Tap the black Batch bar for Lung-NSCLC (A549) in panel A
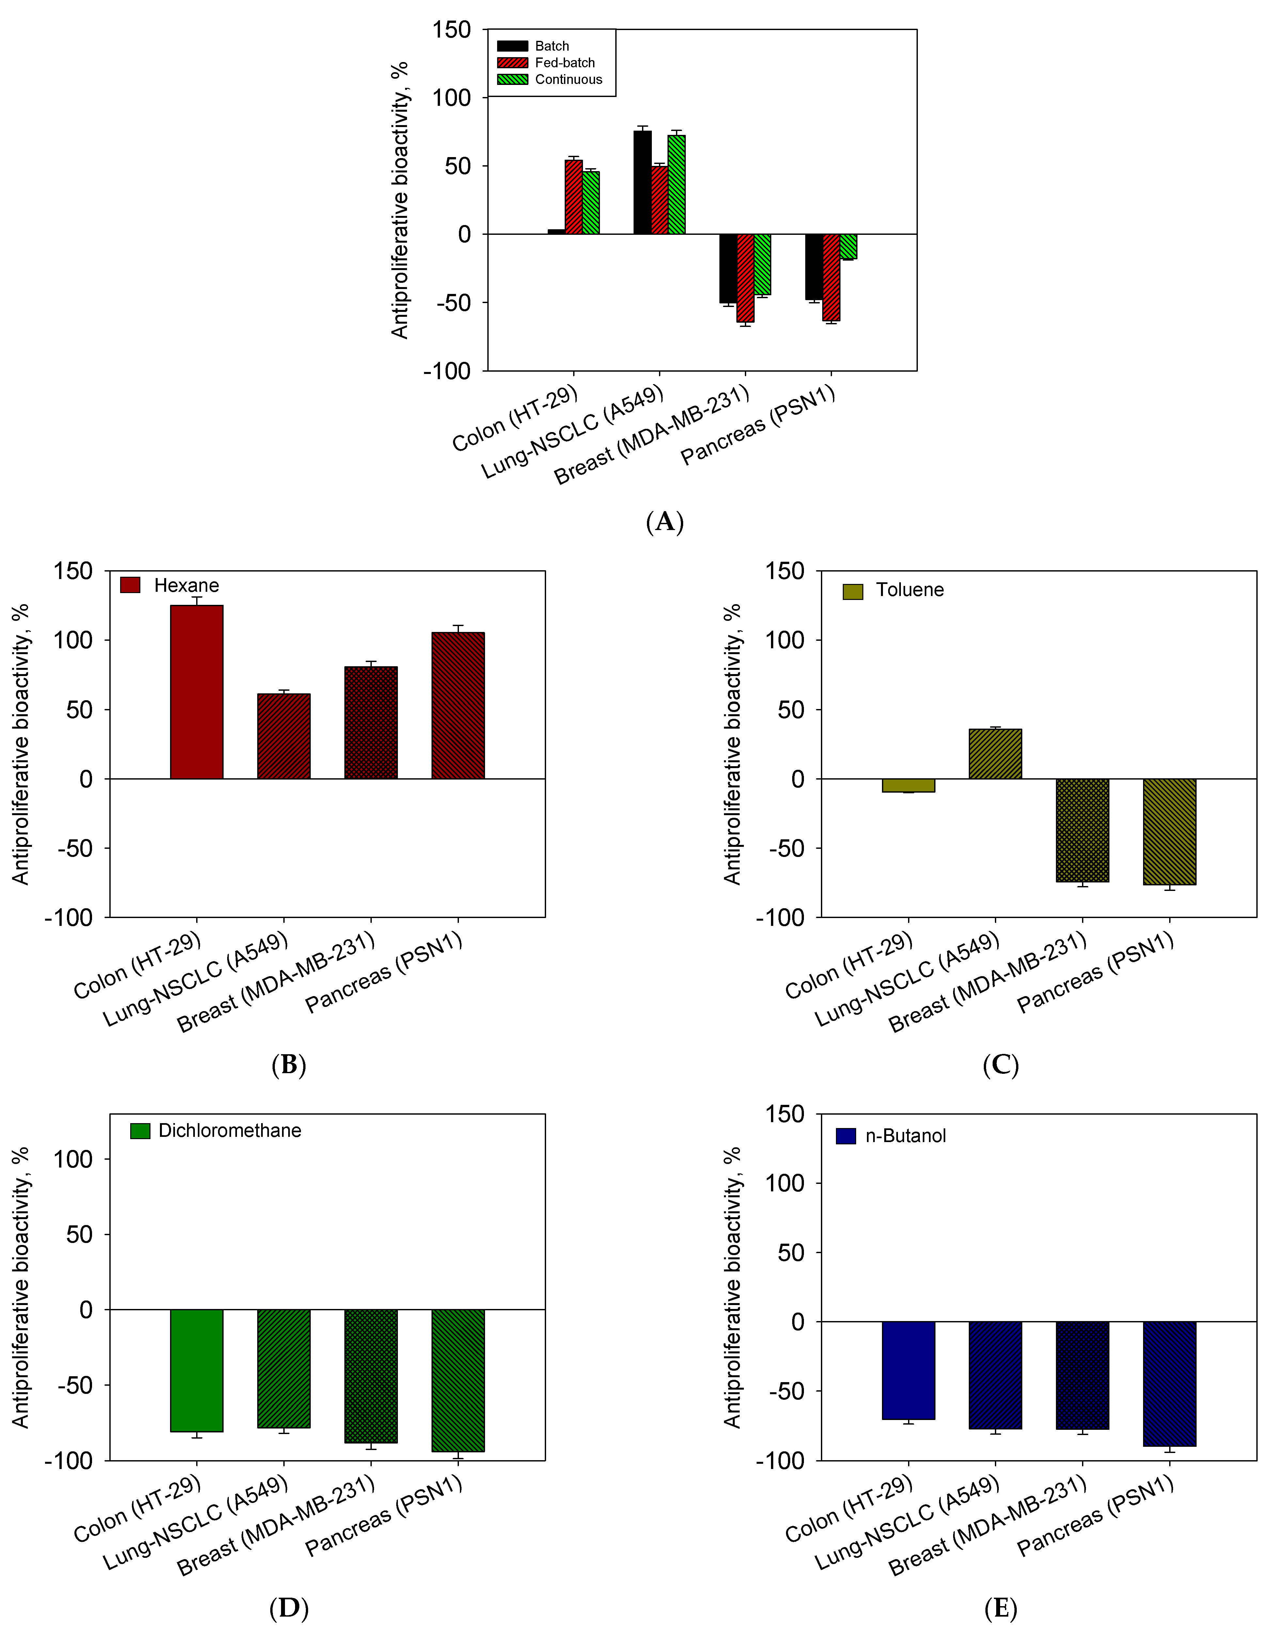coord(642,183)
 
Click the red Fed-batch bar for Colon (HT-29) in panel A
coord(574,197)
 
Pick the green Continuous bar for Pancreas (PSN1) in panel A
coord(848,246)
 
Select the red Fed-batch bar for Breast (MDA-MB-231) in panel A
coord(745,278)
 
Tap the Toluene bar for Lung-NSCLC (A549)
coord(995,754)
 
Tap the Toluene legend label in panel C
coord(909,590)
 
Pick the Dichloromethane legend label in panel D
coord(230,1131)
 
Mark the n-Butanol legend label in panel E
coord(906,1136)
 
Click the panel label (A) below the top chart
coord(664,522)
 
